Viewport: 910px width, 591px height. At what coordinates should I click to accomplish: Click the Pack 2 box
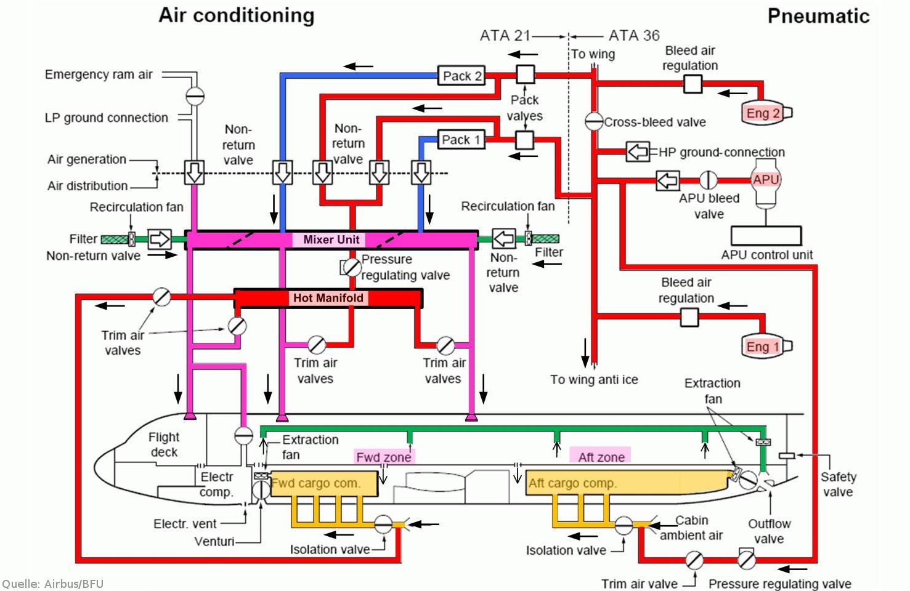(x=461, y=76)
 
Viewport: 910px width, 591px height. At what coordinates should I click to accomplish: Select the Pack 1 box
(x=461, y=140)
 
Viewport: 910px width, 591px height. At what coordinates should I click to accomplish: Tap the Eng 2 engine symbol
(x=766, y=113)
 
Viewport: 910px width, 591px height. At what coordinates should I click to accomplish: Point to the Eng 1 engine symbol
(x=766, y=346)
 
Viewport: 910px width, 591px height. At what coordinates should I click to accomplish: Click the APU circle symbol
(x=766, y=179)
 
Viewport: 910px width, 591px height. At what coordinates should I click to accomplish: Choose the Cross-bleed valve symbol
(x=593, y=121)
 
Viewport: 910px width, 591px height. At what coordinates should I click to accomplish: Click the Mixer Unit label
(x=331, y=239)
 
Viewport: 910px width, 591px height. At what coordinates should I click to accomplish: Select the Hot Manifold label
(x=328, y=298)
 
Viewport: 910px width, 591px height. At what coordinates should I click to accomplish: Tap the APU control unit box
(x=766, y=236)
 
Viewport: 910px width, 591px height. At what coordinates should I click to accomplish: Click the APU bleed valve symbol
(x=708, y=180)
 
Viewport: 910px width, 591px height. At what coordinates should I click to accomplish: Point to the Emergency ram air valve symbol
(x=195, y=96)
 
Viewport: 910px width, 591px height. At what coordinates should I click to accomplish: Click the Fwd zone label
(x=384, y=457)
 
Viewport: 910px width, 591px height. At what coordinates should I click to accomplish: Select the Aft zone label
(x=601, y=457)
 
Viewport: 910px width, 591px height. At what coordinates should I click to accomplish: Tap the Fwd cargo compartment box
(x=324, y=483)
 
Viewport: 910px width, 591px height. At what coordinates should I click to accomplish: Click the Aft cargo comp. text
(x=573, y=483)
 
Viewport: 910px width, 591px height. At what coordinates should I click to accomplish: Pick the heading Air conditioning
(x=237, y=15)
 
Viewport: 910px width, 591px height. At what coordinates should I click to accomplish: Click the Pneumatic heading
(x=819, y=16)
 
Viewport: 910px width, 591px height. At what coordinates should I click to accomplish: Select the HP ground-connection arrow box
(x=638, y=152)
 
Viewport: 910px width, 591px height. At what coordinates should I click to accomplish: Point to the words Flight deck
(x=164, y=444)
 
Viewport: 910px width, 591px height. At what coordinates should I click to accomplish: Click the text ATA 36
(x=634, y=36)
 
